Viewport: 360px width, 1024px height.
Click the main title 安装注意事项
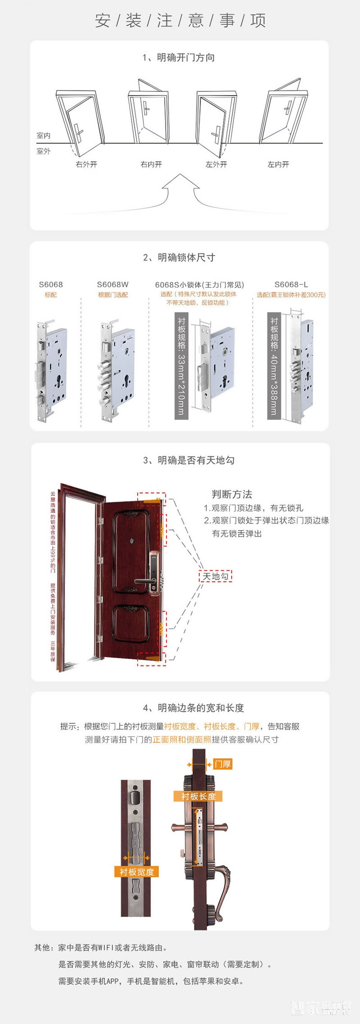(180, 21)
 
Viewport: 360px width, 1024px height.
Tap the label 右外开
(86, 165)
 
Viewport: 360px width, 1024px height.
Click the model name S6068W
(112, 285)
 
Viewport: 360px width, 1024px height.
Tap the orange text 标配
(50, 295)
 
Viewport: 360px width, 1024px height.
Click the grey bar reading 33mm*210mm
(181, 367)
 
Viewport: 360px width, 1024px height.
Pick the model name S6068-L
(291, 285)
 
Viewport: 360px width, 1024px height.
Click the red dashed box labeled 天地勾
(216, 576)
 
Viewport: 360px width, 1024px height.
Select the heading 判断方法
(232, 494)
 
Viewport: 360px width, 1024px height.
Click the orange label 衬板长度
(198, 796)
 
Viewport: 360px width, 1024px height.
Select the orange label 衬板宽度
(136, 872)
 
